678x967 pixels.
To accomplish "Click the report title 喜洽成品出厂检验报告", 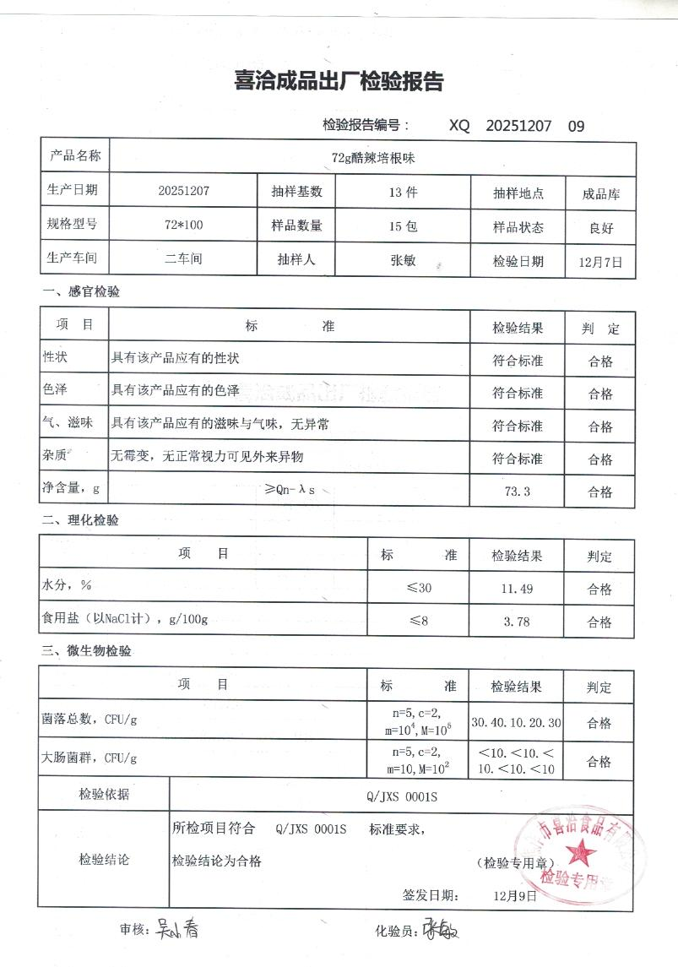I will click(339, 82).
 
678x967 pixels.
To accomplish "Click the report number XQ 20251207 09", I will click(516, 126).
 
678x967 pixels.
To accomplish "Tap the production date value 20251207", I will click(183, 191).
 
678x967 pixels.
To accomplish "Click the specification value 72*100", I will click(183, 225).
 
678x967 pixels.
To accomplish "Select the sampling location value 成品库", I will click(601, 193).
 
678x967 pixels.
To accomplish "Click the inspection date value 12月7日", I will click(601, 262).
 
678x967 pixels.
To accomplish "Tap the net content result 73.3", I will click(516, 491).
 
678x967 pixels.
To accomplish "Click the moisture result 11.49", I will click(517, 588).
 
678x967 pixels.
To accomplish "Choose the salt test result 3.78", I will click(517, 622).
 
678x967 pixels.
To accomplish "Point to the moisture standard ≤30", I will click(419, 588).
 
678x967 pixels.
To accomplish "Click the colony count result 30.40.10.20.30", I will click(517, 723).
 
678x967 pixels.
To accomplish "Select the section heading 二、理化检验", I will click(80, 521).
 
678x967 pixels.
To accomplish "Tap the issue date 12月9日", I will click(516, 896).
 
